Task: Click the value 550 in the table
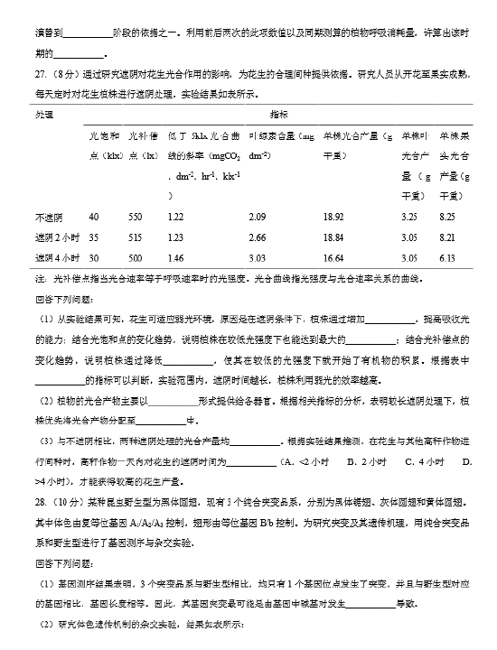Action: [x=136, y=218]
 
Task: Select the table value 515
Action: [x=136, y=237]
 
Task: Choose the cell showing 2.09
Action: [x=257, y=218]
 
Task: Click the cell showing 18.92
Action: [x=333, y=218]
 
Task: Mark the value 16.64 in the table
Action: [x=333, y=257]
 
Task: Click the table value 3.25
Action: [x=408, y=218]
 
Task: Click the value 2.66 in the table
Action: [x=257, y=237]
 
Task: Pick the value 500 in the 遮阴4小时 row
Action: [x=136, y=257]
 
